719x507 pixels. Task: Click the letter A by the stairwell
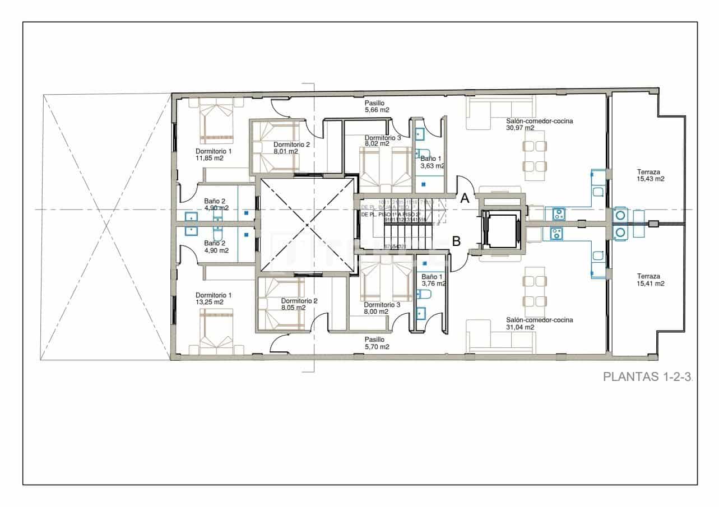click(465, 197)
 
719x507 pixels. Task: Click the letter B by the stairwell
click(456, 241)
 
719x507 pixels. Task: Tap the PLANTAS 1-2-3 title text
click(648, 376)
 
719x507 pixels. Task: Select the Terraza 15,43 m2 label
click(650, 175)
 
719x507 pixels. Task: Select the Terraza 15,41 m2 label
click(650, 280)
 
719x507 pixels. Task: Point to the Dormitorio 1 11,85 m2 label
click(213, 155)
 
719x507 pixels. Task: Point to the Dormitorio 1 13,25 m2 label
click(213, 299)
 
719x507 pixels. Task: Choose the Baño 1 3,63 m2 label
click(432, 162)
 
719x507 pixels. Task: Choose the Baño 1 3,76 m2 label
click(433, 280)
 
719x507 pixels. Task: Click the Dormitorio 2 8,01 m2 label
click(291, 147)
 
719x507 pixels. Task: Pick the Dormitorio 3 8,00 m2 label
click(382, 308)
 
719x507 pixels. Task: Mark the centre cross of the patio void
click(307, 225)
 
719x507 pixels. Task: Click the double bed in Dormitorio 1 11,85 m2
click(216, 121)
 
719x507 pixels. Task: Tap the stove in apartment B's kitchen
click(557, 234)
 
